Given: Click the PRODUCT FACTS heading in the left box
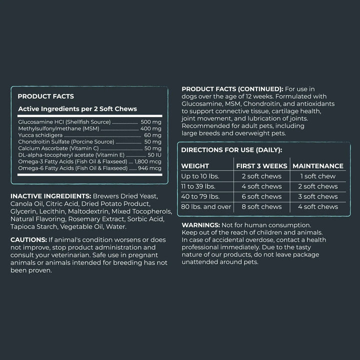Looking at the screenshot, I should coord(45,96).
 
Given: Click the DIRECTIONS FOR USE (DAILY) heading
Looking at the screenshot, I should coord(231,149).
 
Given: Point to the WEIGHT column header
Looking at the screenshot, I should coord(195,166).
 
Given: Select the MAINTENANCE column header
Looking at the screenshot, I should coord(318,166).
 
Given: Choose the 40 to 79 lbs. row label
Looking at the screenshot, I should coord(201,196).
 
